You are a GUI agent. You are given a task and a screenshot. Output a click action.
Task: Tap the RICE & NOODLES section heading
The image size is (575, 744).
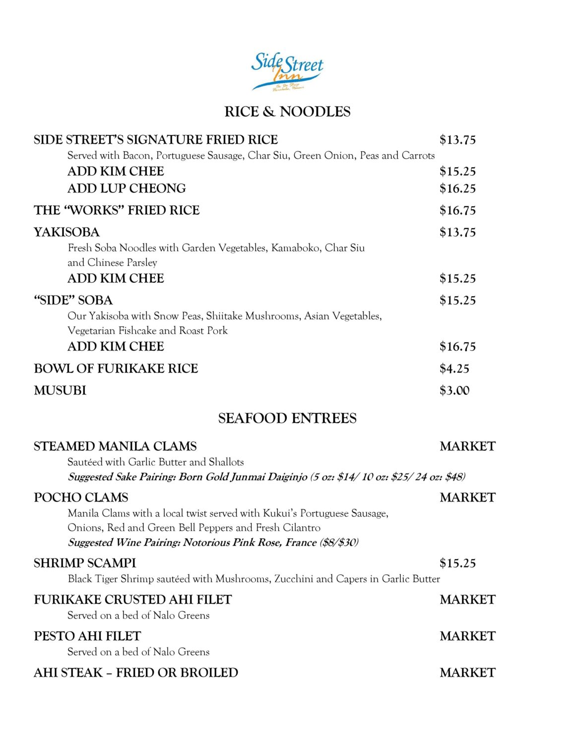tap(287, 112)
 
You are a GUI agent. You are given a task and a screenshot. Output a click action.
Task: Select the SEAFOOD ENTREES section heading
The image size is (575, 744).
tap(287, 418)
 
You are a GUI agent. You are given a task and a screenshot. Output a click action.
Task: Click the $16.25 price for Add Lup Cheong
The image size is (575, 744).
tap(457, 188)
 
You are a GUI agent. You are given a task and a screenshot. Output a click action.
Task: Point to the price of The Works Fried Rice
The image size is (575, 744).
tap(457, 210)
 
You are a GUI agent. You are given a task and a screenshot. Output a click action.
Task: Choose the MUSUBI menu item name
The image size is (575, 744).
tap(60, 390)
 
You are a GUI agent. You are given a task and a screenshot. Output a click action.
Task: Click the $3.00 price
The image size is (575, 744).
tap(454, 390)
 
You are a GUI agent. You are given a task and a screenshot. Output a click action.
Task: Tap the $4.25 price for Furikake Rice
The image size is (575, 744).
tap(454, 369)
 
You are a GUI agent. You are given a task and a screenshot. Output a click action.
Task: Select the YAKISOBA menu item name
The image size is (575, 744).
tap(66, 232)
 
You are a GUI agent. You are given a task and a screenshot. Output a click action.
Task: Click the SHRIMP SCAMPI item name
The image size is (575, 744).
tap(85, 563)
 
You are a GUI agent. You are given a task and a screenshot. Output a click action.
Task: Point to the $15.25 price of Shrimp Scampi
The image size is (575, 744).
tap(457, 563)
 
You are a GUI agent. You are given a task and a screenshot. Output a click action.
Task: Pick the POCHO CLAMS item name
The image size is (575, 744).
tap(81, 497)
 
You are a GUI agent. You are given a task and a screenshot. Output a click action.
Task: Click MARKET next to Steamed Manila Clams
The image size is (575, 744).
tap(467, 446)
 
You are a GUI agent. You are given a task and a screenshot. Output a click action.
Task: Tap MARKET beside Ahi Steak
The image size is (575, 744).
tap(467, 673)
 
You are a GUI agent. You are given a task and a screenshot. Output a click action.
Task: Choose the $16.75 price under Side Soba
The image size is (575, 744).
tap(457, 346)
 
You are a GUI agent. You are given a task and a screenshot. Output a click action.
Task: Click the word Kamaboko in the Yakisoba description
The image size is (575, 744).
tap(296, 248)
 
